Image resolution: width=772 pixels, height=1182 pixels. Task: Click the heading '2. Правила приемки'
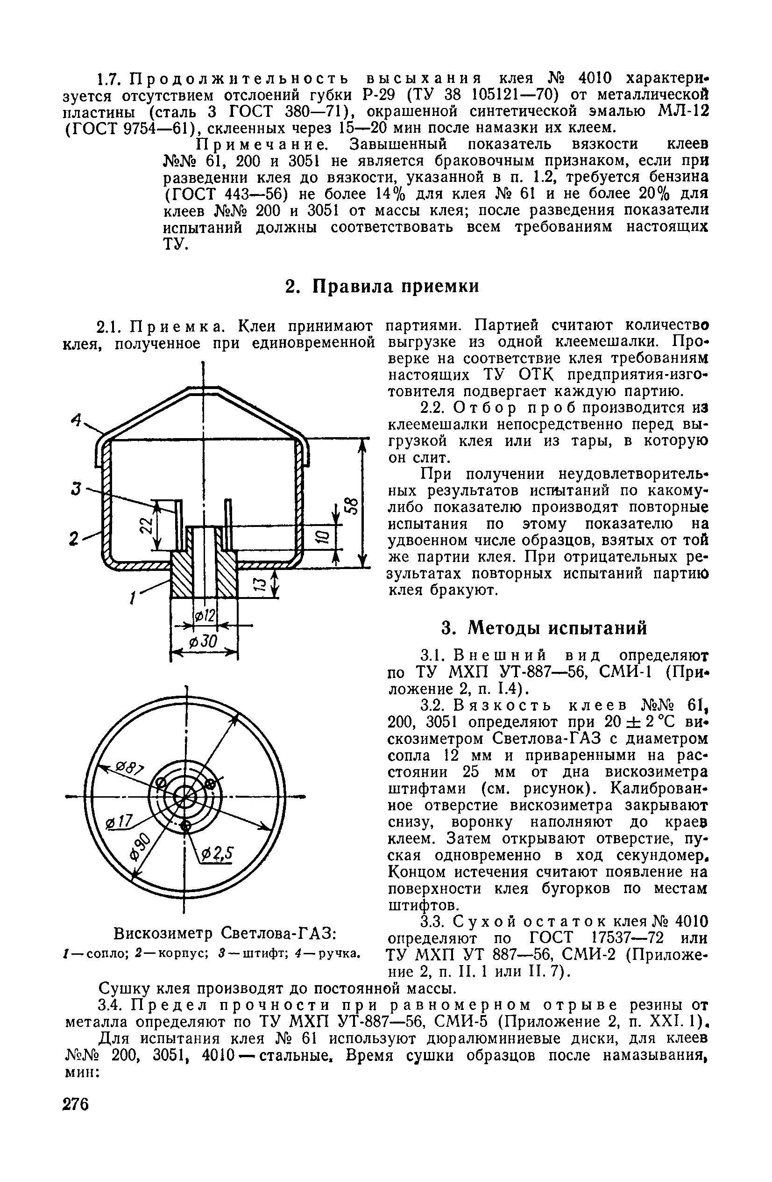point(382,287)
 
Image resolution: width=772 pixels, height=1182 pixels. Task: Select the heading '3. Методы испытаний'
point(545,628)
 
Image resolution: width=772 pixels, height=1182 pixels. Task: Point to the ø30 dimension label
point(203,642)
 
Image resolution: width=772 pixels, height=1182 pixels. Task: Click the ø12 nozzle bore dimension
point(205,616)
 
